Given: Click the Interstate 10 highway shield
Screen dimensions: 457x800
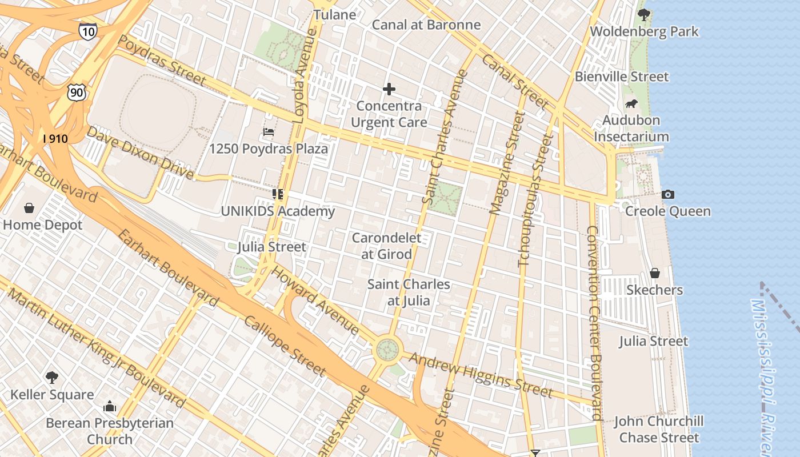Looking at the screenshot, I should [87, 31].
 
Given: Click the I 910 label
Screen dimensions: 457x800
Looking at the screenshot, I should [55, 139].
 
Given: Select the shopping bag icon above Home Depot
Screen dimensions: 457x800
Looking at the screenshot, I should [29, 208].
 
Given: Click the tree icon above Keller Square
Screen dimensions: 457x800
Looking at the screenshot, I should [52, 377].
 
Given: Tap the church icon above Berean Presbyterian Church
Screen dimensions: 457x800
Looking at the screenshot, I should [110, 406].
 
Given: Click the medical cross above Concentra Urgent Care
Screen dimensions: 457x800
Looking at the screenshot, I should [389, 89].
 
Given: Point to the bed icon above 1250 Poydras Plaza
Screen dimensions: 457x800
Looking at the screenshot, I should [269, 132].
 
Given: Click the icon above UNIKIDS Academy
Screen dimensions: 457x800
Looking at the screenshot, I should [278, 194].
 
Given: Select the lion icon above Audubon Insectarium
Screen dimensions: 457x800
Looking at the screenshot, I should [631, 103].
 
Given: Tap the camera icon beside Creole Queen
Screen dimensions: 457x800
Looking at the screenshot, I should [668, 194].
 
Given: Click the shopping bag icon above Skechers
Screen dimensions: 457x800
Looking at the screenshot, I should [655, 273].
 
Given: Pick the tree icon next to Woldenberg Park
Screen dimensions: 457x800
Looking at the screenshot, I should [644, 15].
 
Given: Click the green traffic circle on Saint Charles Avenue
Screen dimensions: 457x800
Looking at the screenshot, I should [387, 349].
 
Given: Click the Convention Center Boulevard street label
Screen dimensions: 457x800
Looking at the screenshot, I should [594, 323].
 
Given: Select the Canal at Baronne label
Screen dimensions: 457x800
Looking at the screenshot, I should [426, 25].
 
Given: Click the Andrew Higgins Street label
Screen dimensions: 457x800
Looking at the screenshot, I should [481, 375].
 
